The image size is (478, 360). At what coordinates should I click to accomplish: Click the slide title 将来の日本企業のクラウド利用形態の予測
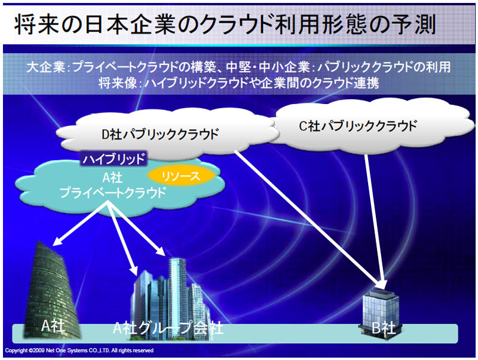pyautogui.click(x=225, y=25)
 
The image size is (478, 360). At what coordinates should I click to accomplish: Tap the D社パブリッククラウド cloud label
pyautogui.click(x=160, y=134)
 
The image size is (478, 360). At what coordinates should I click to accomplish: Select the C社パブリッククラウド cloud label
pyautogui.click(x=358, y=126)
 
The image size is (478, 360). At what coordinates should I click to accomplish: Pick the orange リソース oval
pyautogui.click(x=181, y=176)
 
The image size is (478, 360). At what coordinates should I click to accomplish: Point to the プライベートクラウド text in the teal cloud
pyautogui.click(x=113, y=193)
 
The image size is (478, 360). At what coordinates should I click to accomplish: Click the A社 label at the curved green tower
pyautogui.click(x=53, y=326)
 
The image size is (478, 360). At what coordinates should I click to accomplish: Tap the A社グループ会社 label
pyautogui.click(x=168, y=328)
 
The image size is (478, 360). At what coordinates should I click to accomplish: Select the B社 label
pyautogui.click(x=384, y=328)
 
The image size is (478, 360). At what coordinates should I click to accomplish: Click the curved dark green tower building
pyautogui.click(x=53, y=290)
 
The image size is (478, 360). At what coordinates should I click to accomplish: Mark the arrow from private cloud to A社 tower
pyautogui.click(x=80, y=223)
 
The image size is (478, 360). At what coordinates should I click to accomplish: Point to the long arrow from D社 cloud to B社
pyautogui.click(x=310, y=219)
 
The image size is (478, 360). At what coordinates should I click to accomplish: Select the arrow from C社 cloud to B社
pyautogui.click(x=375, y=222)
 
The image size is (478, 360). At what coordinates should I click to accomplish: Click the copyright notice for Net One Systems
pyautogui.click(x=79, y=350)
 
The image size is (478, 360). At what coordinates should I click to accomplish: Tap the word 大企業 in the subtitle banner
pyautogui.click(x=45, y=67)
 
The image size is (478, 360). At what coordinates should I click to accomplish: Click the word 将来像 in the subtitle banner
pyautogui.click(x=117, y=83)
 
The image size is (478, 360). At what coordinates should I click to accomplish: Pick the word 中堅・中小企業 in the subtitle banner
pyautogui.click(x=268, y=67)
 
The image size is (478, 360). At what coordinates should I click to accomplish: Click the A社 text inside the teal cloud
pyautogui.click(x=113, y=178)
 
